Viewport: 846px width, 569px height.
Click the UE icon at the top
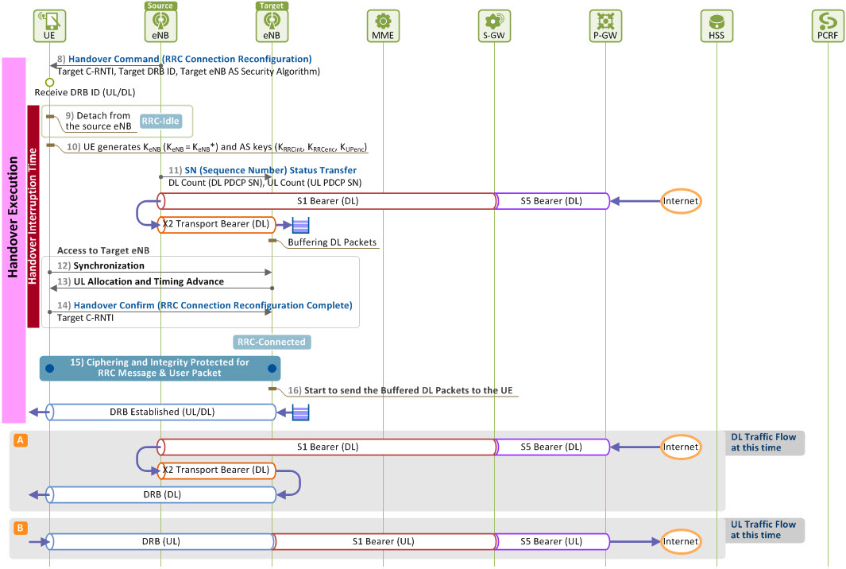point(49,25)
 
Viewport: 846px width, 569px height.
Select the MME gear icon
point(383,25)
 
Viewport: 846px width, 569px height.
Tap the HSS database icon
point(717,25)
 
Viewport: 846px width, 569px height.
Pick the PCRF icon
point(828,25)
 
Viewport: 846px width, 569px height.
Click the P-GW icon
point(605,25)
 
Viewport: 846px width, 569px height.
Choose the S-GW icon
point(494,25)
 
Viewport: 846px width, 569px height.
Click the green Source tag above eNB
point(160,6)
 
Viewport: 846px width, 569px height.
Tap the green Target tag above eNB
point(272,6)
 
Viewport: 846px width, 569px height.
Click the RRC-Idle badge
point(160,121)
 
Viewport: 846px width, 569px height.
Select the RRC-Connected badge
point(272,342)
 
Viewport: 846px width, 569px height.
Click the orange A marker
point(21,440)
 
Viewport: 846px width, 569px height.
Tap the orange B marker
point(21,528)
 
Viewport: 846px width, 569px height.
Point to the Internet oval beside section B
point(681,541)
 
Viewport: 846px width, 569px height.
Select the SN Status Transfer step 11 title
point(270,170)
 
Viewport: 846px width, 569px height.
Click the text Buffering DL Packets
point(332,242)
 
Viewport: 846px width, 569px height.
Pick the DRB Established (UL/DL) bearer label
point(162,412)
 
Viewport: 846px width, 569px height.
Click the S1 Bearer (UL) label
point(383,541)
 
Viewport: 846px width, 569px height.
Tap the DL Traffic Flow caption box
point(763,443)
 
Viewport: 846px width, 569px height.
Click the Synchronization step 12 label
point(109,265)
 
